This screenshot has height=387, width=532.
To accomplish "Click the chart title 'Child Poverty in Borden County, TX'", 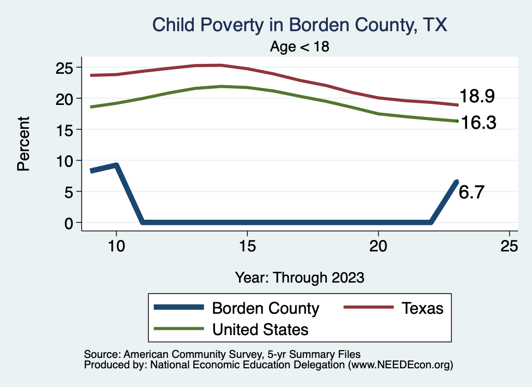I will (x=299, y=25).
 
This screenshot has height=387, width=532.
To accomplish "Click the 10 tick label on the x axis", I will (x=116, y=246).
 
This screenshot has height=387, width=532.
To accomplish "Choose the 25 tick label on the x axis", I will (x=510, y=246).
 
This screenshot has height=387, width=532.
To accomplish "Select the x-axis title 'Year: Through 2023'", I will (x=299, y=277).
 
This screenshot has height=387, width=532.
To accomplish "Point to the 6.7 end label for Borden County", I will (x=472, y=193).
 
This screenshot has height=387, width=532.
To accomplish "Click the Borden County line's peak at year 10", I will (x=116, y=166).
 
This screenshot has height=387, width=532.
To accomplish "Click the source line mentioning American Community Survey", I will (x=222, y=354).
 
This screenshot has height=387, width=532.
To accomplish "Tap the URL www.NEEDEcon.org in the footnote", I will (x=400, y=365).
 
